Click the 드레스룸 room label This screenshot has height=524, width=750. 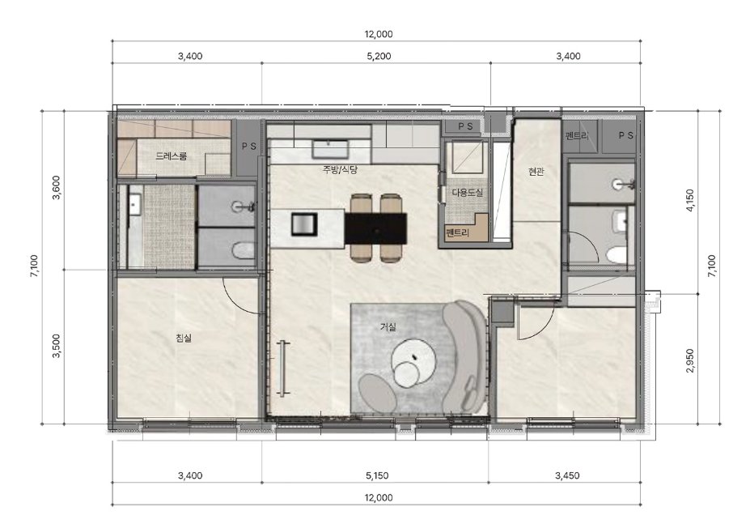pos(171,156)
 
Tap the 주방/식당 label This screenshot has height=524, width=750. pos(340,169)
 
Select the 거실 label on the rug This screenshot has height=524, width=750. pos(388,327)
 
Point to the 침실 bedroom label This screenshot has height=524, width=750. pos(184,339)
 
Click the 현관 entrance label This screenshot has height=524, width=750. pos(536,172)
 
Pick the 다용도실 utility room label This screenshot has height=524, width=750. pos(468,193)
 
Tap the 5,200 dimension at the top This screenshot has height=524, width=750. pos(379,56)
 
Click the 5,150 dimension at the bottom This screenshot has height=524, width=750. pos(377,475)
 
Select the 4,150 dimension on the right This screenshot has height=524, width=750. pos(690,201)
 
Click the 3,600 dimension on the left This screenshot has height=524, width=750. pos(56,187)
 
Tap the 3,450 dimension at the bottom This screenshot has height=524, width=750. pos(567,475)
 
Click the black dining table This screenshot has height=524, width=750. pos(376,228)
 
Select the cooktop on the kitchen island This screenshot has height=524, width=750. pos(304,224)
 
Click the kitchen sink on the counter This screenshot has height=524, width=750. pos(328,149)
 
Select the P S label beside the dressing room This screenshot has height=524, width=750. pos(248,147)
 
